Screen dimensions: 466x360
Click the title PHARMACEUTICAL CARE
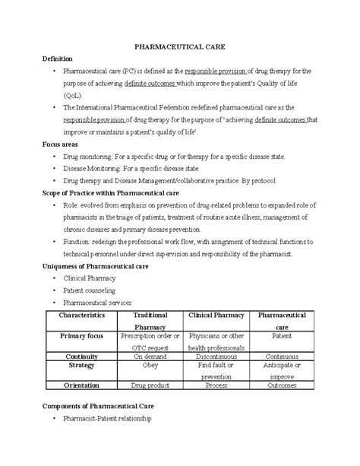180,47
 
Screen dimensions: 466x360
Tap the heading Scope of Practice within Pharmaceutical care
116,193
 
